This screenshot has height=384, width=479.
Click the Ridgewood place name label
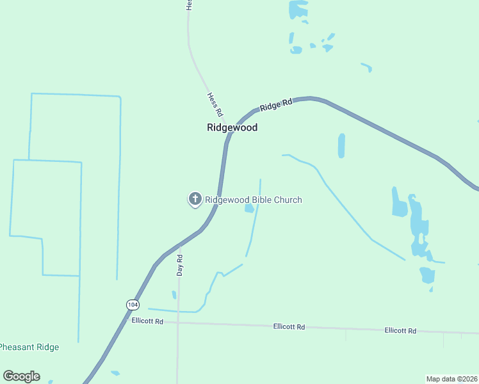click(x=232, y=127)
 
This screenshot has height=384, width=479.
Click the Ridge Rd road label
click(x=276, y=105)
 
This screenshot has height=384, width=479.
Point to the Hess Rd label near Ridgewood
click(x=215, y=104)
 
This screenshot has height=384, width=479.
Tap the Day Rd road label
click(x=180, y=265)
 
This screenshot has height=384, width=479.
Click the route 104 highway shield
click(x=132, y=304)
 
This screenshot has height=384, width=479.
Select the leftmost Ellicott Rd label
click(x=147, y=321)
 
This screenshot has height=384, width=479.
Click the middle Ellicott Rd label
click(x=289, y=326)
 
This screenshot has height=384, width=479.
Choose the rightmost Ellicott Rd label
click(x=400, y=331)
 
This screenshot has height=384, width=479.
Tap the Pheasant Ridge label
click(x=29, y=348)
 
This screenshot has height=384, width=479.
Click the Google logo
click(x=21, y=376)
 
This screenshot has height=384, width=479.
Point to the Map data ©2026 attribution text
click(x=451, y=379)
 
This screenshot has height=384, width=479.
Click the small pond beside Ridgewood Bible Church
click(x=249, y=208)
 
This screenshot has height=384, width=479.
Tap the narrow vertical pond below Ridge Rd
click(x=341, y=146)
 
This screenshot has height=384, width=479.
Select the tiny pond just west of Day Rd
click(x=174, y=294)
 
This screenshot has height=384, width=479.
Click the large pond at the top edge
click(x=298, y=9)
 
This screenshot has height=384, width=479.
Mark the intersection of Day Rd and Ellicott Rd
click(x=178, y=323)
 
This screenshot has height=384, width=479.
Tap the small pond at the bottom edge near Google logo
click(x=115, y=372)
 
